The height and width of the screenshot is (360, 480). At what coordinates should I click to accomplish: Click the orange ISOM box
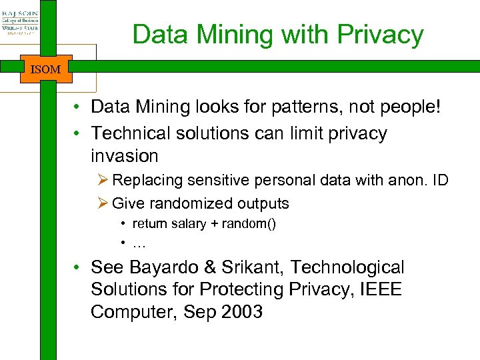click(x=45, y=69)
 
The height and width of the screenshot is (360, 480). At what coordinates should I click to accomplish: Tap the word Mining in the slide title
click(x=225, y=35)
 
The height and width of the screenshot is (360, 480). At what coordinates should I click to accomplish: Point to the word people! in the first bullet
click(x=407, y=107)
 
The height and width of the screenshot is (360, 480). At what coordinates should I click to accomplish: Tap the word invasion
click(x=124, y=156)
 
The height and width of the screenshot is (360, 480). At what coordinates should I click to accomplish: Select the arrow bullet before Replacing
click(x=104, y=180)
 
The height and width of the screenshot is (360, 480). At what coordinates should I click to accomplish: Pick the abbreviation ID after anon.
click(x=439, y=180)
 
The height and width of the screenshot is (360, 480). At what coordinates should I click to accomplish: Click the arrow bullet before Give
click(x=104, y=203)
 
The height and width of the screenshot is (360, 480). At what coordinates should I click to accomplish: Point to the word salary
click(x=189, y=224)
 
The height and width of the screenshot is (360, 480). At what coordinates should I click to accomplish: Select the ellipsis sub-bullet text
click(x=139, y=244)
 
